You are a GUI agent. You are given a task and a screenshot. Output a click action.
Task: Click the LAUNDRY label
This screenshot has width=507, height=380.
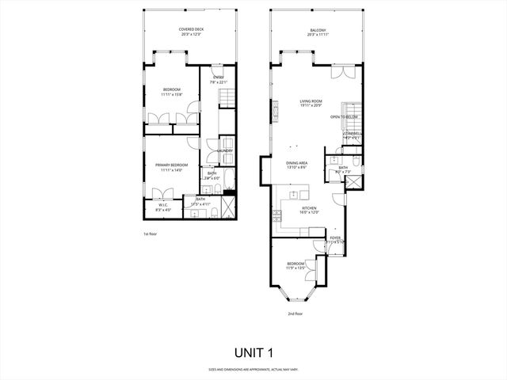[x=224, y=150]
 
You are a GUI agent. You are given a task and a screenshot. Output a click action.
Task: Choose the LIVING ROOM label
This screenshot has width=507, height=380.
[x=311, y=102]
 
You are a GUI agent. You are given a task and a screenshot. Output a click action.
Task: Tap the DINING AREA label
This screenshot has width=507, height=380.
[x=297, y=164]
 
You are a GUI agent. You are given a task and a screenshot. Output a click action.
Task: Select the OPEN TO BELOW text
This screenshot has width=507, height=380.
[x=345, y=116]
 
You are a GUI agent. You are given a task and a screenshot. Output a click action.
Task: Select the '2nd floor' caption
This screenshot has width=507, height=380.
[x=295, y=313]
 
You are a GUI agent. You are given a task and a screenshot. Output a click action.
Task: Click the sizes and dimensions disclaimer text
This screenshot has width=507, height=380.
[x=253, y=369]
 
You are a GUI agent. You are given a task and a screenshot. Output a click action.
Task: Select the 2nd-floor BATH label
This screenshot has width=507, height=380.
[x=343, y=169]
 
